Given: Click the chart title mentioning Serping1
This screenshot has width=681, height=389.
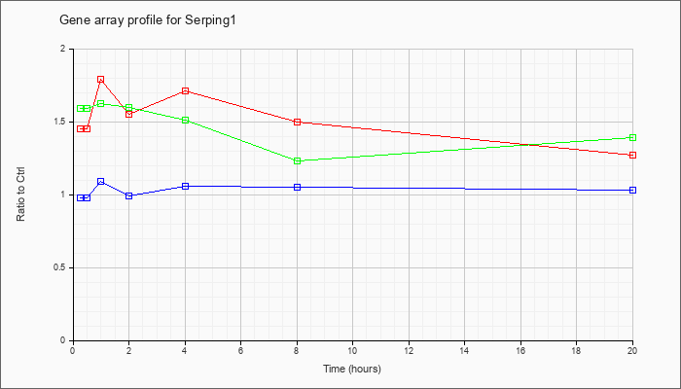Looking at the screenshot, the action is pyautogui.click(x=147, y=20).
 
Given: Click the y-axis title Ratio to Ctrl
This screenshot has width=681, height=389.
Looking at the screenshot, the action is pyautogui.click(x=20, y=194).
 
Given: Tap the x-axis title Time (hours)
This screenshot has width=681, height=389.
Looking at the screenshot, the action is pyautogui.click(x=352, y=369).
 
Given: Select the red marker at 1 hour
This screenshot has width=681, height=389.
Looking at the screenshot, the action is pyautogui.click(x=101, y=80).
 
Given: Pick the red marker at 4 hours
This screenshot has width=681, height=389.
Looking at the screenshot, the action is pyautogui.click(x=186, y=90).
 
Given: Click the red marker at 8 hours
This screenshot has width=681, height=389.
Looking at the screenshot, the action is pyautogui.click(x=298, y=122).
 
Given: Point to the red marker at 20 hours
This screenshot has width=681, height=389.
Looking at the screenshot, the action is pyautogui.click(x=632, y=155).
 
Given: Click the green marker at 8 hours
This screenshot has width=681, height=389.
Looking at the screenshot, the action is pyautogui.click(x=298, y=161).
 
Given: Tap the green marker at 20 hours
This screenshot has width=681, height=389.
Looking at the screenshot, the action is pyautogui.click(x=632, y=138).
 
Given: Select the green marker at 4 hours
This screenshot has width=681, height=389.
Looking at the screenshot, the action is pyautogui.click(x=186, y=120).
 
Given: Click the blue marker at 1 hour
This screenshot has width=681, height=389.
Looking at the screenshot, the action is pyautogui.click(x=101, y=181).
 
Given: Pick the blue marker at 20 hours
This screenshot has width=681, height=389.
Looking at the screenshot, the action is pyautogui.click(x=632, y=191).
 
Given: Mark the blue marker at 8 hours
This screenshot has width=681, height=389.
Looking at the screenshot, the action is pyautogui.click(x=298, y=187).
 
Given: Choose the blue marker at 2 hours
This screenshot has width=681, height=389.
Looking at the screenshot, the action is pyautogui.click(x=129, y=195).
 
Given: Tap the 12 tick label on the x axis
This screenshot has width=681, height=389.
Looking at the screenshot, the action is pyautogui.click(x=409, y=349).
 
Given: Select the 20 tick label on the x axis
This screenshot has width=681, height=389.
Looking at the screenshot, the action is pyautogui.click(x=632, y=349).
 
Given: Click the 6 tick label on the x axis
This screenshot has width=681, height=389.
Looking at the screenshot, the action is pyautogui.click(x=240, y=349).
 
